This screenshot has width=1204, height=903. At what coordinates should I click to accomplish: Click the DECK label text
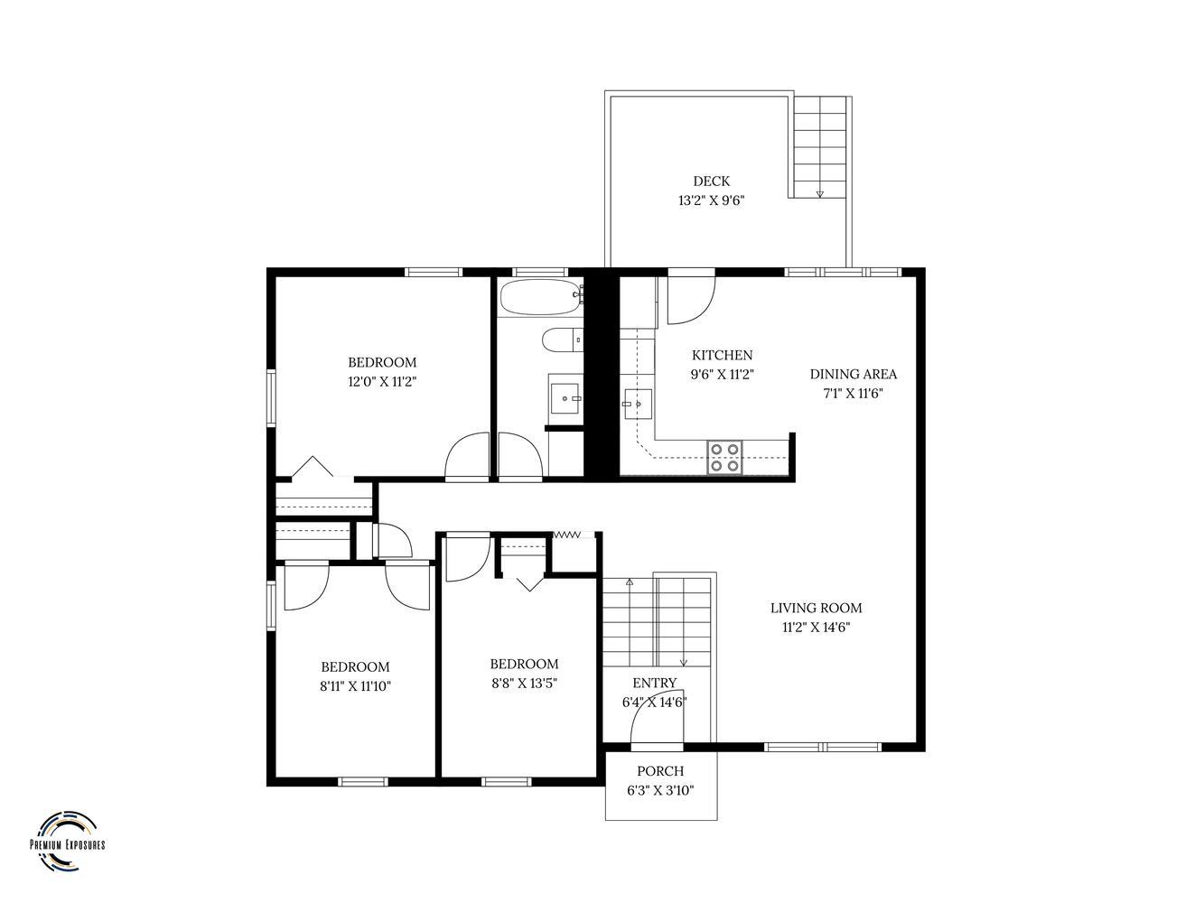click(711, 181)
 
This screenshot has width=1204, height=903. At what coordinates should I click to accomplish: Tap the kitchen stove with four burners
click(724, 457)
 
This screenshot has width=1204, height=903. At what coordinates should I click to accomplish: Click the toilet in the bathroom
click(562, 340)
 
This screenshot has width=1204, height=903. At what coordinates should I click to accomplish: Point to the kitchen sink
click(638, 404)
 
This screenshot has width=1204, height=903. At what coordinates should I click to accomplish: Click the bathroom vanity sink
click(565, 398)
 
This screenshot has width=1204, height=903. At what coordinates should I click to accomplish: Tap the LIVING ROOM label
click(816, 608)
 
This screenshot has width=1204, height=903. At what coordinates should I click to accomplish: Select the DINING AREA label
click(853, 374)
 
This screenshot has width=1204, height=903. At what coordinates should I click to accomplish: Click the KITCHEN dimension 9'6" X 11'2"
click(722, 375)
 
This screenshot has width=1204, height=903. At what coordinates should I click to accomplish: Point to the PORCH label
click(660, 771)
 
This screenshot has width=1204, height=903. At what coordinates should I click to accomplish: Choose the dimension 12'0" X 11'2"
click(382, 382)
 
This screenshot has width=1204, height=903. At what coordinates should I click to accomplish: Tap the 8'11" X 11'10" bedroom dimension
click(355, 686)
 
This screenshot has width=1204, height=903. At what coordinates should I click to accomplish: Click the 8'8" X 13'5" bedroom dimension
click(524, 684)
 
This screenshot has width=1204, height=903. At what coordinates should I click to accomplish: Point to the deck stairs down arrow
click(819, 193)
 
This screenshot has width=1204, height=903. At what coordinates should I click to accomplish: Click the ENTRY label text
click(654, 683)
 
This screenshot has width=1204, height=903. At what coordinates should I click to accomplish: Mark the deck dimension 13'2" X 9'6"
click(711, 200)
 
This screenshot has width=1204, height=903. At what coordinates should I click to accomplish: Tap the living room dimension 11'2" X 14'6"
click(816, 628)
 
